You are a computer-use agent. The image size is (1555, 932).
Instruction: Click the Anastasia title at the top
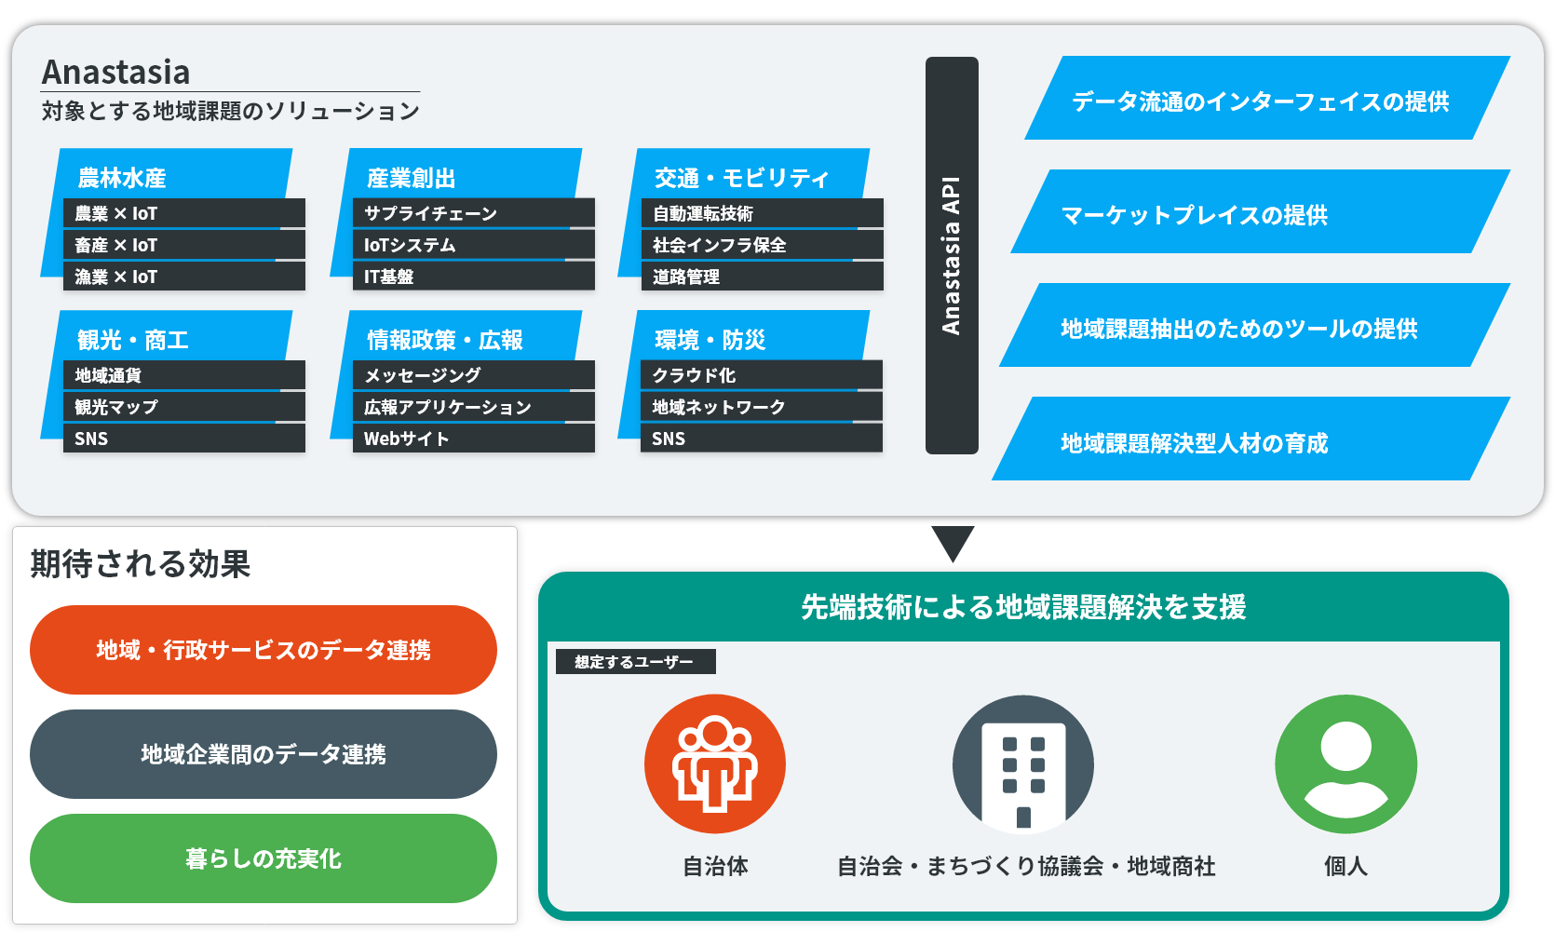pos(116,73)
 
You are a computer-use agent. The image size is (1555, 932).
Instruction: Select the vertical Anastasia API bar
pos(952,255)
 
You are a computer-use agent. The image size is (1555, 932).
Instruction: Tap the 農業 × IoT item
pos(184,213)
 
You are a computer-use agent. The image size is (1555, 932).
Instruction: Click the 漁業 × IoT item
pos(184,277)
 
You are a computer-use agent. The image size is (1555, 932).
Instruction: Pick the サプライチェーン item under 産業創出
pos(473,213)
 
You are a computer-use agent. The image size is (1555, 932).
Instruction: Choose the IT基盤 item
pos(473,277)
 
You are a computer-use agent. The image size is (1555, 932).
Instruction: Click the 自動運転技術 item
pos(763,213)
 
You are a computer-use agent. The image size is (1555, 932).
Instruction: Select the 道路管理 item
pos(763,277)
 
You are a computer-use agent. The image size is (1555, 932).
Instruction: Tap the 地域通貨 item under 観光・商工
pos(184,374)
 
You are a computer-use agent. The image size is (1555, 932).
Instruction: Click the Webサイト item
pos(473,438)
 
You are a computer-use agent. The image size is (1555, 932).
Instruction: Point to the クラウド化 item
pos(762,374)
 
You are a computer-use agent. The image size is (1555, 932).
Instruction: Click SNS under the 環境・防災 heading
pos(762,438)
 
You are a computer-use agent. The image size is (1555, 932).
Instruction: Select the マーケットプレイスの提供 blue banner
pos(1260,211)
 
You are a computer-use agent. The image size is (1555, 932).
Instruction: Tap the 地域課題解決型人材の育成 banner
pos(1251,439)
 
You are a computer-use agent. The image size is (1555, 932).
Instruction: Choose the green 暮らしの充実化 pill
pos(264,858)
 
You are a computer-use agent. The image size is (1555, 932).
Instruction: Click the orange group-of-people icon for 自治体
pos(715,764)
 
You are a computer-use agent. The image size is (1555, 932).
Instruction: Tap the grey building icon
pos(1023,764)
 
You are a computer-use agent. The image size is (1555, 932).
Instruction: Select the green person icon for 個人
pos(1345,764)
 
